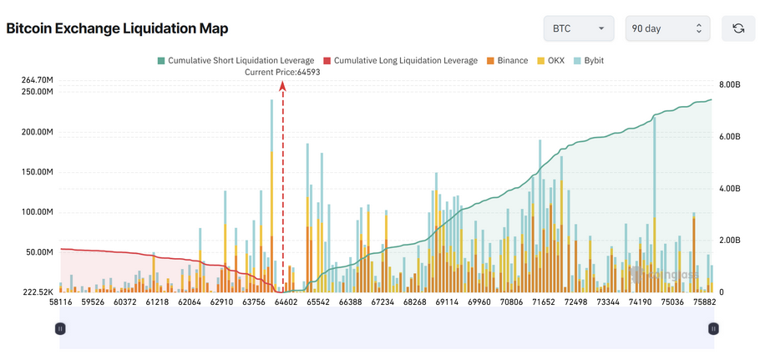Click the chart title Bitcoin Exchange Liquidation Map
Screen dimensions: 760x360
117,28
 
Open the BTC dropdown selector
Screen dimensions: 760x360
579,28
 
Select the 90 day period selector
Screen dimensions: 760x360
667,28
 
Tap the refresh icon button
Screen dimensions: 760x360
738,28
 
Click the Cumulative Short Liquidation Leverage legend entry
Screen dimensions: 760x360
236,61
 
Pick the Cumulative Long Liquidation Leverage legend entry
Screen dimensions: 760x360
400,61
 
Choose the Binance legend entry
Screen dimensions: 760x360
507,61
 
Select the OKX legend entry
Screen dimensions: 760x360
550,61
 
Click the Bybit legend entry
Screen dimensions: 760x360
589,61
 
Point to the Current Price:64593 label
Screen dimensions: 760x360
282,72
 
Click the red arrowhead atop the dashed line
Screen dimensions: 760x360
282,86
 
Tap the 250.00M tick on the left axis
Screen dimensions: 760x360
38,92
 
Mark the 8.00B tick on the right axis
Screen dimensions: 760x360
729,85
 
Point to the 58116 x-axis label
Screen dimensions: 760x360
62,302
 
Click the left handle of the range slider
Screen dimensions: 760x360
59,329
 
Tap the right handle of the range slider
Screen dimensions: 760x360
713,329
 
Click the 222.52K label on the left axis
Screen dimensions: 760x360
38,292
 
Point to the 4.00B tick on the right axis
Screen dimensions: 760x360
729,189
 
